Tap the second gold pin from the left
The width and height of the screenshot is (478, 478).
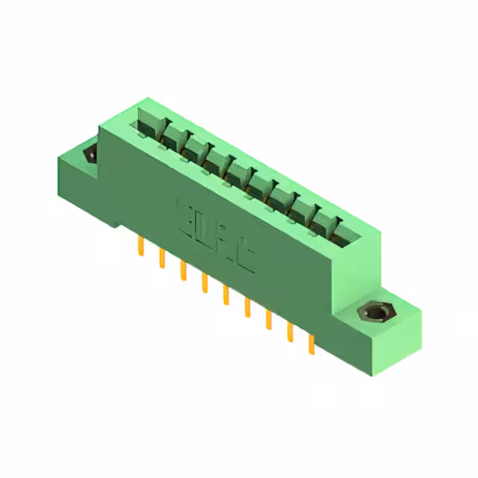click(x=161, y=258)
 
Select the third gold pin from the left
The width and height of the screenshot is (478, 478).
click(x=181, y=270)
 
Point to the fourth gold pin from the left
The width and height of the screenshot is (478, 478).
click(x=203, y=282)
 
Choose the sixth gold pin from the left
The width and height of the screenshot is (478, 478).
click(x=246, y=307)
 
